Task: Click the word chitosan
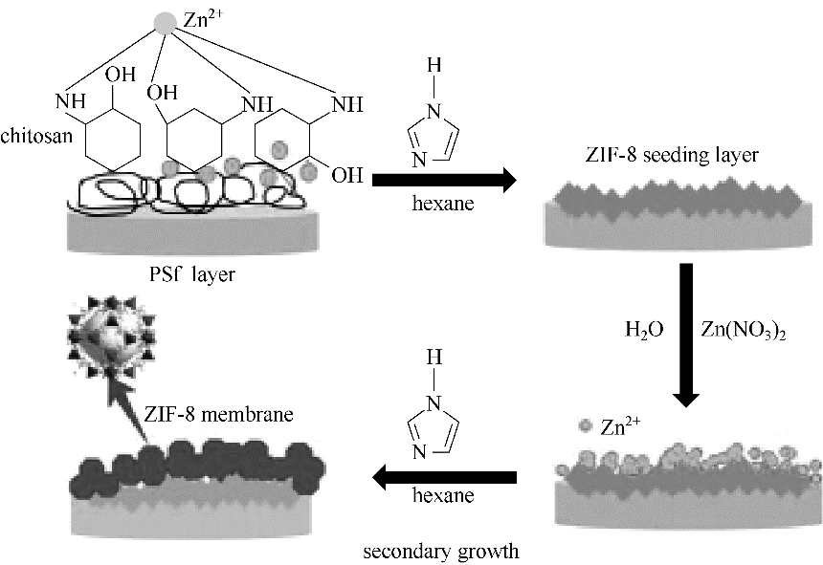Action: tap(33, 137)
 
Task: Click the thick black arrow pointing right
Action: tap(443, 179)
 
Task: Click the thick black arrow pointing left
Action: tap(445, 476)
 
